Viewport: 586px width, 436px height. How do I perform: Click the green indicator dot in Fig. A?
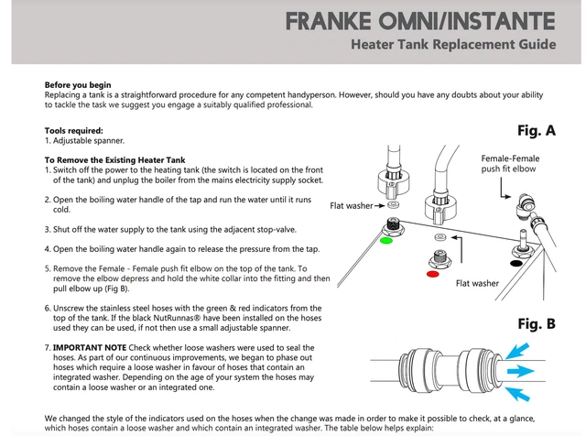[x=385, y=242]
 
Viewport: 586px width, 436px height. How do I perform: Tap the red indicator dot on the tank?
[x=432, y=273]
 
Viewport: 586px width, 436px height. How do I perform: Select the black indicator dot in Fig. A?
[x=517, y=264]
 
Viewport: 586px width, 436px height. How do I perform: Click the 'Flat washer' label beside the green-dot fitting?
[x=351, y=206]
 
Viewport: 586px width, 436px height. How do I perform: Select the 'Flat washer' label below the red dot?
[x=477, y=283]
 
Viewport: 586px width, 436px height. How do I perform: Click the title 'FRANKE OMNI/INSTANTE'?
[x=444, y=19]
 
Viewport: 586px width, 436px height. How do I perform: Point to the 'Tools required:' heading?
[x=74, y=131]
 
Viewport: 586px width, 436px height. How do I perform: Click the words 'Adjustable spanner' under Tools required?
[x=89, y=140]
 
